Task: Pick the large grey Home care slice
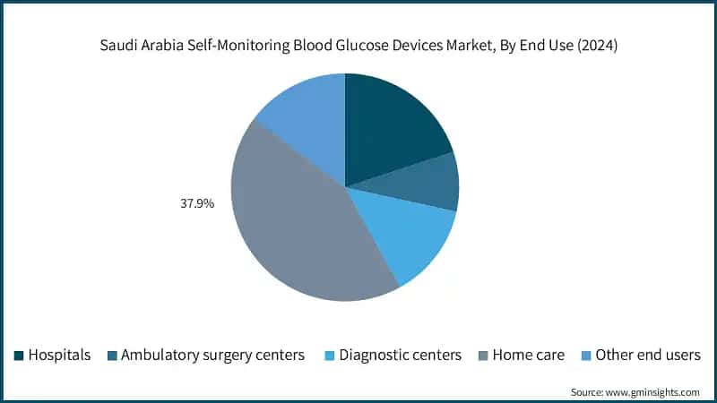[296, 224]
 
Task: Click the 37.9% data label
[197, 203]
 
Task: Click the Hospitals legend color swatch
[19, 356]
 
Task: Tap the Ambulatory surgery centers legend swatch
[111, 356]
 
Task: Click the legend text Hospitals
[60, 356]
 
